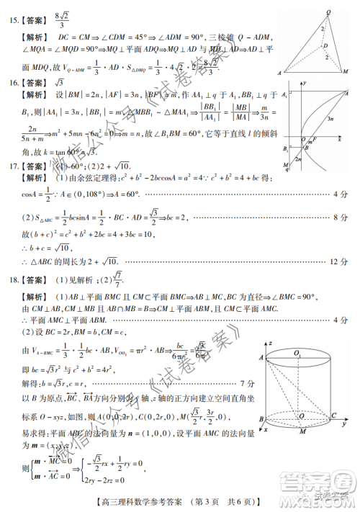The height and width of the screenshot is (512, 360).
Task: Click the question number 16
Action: [x=15, y=83]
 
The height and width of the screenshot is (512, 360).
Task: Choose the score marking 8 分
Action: [x=340, y=216]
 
